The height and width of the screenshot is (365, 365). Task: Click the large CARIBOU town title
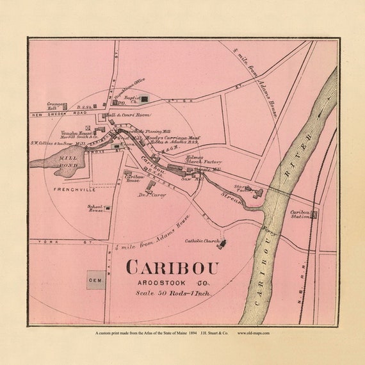(x=172, y=268)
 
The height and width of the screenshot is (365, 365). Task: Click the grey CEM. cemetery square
(x=96, y=280)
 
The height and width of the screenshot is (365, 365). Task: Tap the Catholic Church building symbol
(x=220, y=244)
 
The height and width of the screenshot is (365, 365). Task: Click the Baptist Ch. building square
(x=145, y=99)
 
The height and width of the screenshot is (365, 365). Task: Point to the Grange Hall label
(x=55, y=105)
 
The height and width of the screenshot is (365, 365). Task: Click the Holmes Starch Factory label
(x=204, y=160)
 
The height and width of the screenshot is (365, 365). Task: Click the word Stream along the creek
(x=232, y=200)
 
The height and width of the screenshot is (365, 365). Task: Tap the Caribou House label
(x=133, y=180)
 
